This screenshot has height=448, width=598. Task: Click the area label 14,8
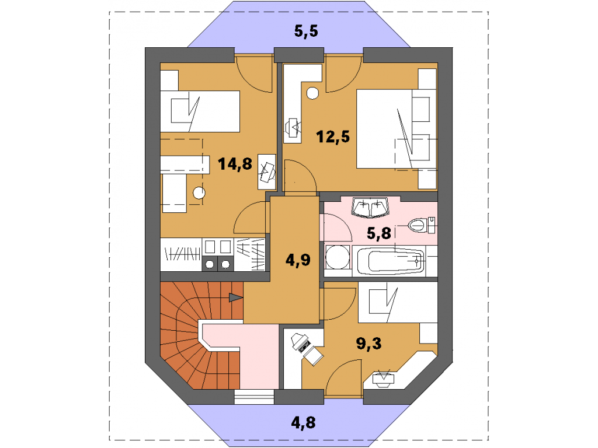[x=235, y=164]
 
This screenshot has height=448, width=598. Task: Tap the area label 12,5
[x=333, y=136]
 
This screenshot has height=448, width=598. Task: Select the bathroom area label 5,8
[x=378, y=233]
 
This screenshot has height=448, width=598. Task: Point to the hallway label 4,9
[x=298, y=260]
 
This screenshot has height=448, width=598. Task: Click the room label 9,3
[x=368, y=343]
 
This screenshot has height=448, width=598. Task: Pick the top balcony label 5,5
[x=306, y=32]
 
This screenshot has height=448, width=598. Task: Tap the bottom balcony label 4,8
[x=303, y=422]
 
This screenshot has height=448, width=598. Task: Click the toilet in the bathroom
[x=422, y=225]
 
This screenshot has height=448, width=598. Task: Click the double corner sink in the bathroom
[x=370, y=208]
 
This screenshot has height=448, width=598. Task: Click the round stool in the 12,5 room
[x=312, y=93]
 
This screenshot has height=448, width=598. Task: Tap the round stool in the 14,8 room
[x=199, y=192]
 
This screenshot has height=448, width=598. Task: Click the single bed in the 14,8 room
[x=200, y=111]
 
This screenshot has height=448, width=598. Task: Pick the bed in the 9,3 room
[x=398, y=303]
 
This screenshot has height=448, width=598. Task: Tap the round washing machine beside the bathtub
[x=338, y=257]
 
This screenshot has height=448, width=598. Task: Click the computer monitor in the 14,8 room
[x=266, y=172]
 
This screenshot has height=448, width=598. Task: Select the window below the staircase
[x=254, y=397]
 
